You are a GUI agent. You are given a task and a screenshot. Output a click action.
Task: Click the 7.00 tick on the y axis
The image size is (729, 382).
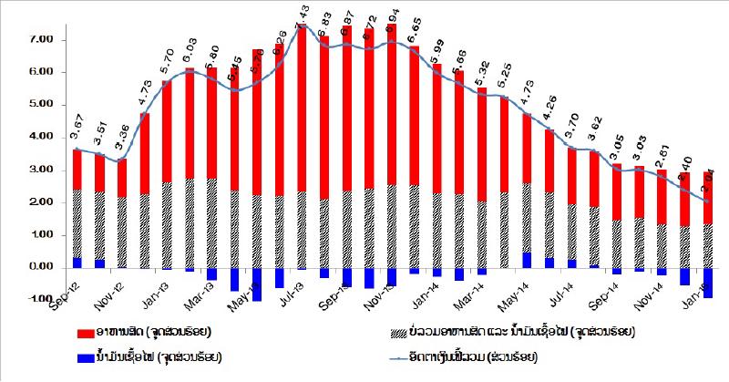(43, 40)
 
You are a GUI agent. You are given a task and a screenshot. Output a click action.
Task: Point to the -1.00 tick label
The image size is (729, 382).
(43, 299)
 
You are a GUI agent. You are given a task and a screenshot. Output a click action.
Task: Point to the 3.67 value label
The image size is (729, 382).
(79, 129)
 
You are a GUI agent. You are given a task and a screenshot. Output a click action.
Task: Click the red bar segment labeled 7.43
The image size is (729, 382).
(302, 109)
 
